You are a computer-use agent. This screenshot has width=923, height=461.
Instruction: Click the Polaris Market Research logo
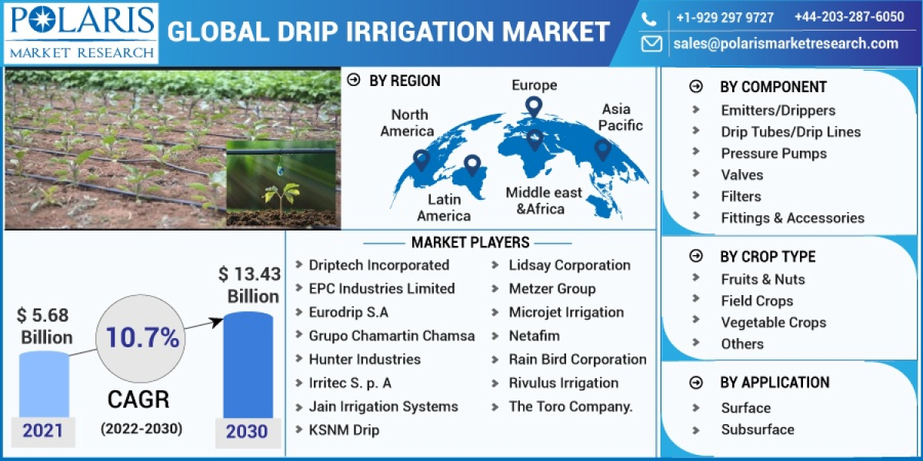[80, 32]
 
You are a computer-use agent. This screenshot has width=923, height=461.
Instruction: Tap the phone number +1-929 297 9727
[725, 17]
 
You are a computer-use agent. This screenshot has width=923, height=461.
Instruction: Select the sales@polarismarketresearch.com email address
[785, 44]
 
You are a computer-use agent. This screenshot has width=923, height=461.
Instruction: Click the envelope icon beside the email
[651, 44]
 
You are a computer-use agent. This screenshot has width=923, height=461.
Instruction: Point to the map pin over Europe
[533, 107]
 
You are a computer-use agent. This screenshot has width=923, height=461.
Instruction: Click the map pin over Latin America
[471, 164]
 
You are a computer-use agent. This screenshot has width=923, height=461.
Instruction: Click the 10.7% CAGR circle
[142, 338]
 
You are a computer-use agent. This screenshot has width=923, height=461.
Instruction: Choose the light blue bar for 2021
[44, 384]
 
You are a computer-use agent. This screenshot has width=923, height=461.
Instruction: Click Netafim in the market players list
[534, 336]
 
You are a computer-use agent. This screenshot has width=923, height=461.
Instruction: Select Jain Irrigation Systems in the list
[383, 406]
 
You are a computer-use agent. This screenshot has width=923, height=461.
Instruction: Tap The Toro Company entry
[570, 406]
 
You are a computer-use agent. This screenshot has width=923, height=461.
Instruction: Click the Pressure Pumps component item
[773, 153]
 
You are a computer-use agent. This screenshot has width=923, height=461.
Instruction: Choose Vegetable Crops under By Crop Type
[773, 322]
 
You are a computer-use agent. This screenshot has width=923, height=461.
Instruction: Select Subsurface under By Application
[757, 429]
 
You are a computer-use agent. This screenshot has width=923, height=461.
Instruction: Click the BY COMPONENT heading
[772, 87]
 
